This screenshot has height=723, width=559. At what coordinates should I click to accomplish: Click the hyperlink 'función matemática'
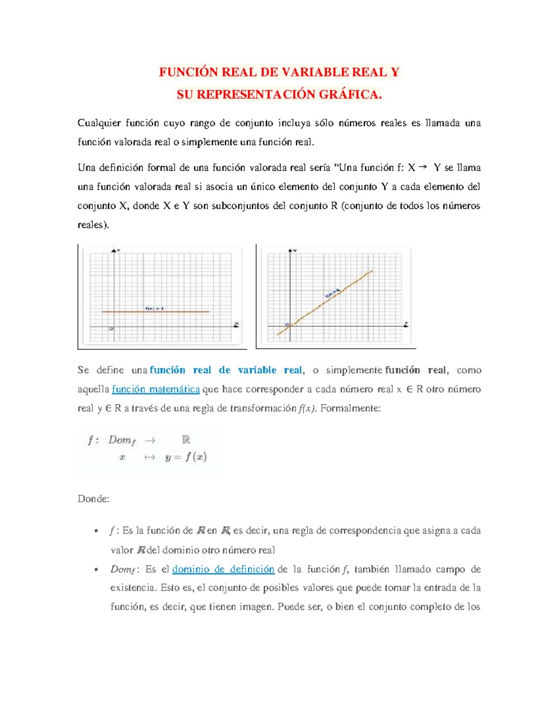[x=156, y=389]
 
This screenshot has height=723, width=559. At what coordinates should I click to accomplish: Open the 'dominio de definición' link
[x=223, y=569]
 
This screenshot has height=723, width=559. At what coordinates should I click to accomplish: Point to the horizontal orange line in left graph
[x=186, y=311]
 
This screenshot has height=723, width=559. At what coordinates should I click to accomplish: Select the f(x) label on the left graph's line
[x=154, y=308]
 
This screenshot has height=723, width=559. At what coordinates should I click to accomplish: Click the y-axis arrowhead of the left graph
[x=114, y=251]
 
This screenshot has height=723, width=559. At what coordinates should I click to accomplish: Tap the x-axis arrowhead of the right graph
[x=406, y=326]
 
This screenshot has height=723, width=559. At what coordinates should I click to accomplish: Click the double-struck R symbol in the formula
[x=186, y=439]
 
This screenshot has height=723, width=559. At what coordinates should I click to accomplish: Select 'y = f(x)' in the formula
[x=186, y=457]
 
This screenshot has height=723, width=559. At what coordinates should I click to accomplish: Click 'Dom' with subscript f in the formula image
[x=122, y=440]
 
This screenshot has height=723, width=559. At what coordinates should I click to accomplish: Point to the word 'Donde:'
[x=93, y=499]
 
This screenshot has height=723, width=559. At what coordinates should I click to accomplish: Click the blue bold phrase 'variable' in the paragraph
[x=257, y=370]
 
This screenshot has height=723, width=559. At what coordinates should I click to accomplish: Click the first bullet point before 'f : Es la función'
[x=96, y=531]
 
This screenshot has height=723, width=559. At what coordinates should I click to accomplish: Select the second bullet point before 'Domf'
[x=96, y=570]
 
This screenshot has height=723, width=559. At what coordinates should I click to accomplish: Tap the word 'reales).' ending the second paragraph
[x=93, y=225]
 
